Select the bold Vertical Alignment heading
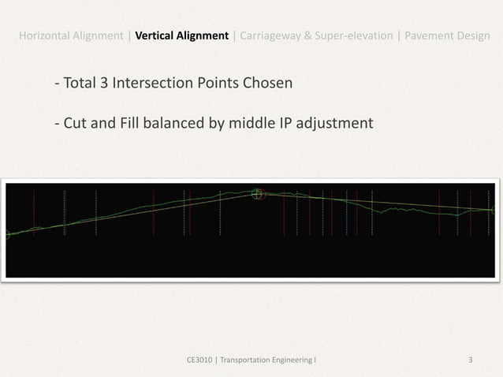pyautogui.click(x=182, y=35)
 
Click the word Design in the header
pyautogui.click(x=475, y=35)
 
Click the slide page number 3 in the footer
pyautogui.click(x=470, y=360)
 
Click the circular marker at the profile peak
pyautogui.click(x=257, y=193)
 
